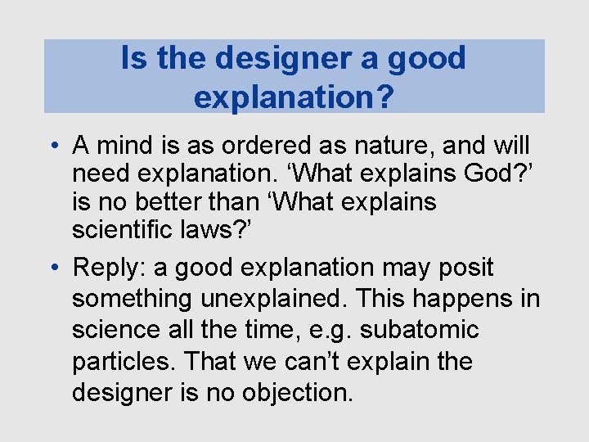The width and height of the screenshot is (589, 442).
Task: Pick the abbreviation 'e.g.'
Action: click(x=335, y=330)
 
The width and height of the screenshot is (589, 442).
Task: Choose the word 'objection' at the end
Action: click(x=294, y=392)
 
